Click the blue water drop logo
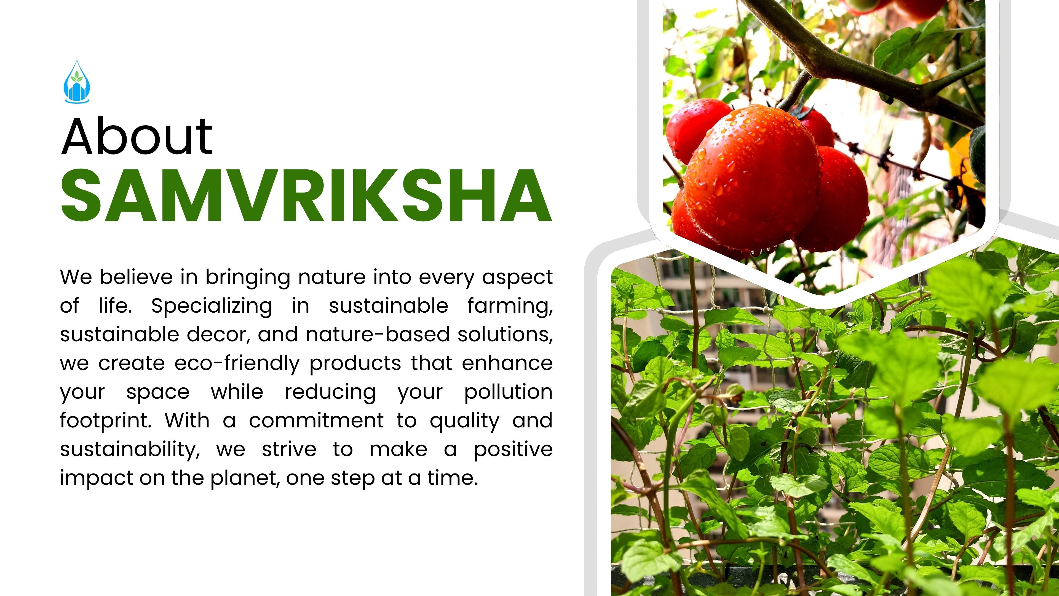click(x=77, y=81)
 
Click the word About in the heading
click(x=137, y=137)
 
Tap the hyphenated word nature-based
click(x=378, y=334)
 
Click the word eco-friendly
click(x=237, y=364)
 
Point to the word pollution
click(x=509, y=392)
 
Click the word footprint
click(x=106, y=421)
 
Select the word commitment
click(x=317, y=421)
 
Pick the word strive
click(x=289, y=449)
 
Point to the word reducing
click(x=331, y=392)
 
